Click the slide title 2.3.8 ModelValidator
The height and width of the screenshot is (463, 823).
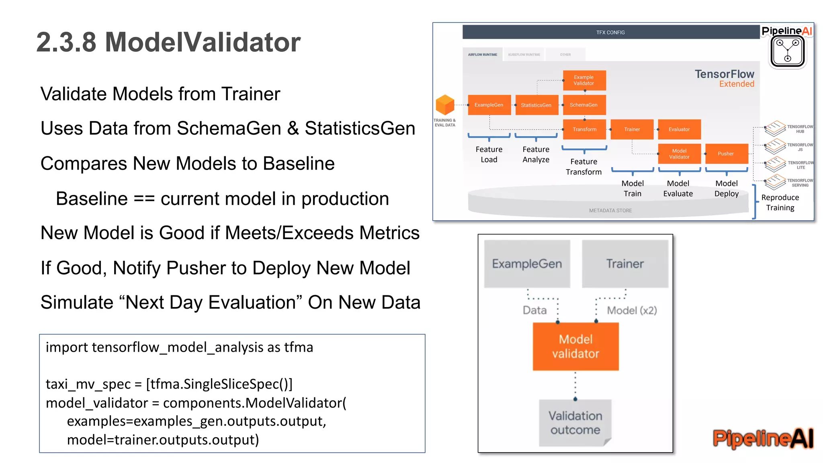[x=168, y=42]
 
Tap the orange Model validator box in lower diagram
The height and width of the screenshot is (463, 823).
[x=575, y=346]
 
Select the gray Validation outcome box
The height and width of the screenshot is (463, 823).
[x=575, y=423]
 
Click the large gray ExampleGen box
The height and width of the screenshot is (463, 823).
[x=527, y=264]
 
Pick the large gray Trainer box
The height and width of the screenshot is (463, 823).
[x=625, y=264]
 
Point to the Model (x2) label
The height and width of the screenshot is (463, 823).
[x=632, y=310]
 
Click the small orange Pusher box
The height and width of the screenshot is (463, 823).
[x=726, y=154]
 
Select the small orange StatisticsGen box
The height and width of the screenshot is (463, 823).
[x=536, y=105]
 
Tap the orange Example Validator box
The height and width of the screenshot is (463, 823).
[x=584, y=80]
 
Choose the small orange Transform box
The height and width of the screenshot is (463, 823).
[x=584, y=129]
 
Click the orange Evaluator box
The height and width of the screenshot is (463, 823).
[x=679, y=129]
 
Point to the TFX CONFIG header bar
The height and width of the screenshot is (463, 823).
[x=610, y=32]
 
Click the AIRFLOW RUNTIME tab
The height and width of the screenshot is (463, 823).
[x=483, y=55]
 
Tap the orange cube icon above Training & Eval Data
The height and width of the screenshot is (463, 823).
[x=445, y=105]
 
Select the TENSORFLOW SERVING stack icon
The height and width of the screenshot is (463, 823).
[x=775, y=182]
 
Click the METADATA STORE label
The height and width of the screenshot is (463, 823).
[x=610, y=211]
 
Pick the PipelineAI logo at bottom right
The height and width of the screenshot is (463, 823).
[x=763, y=438]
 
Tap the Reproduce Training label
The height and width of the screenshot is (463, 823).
[x=780, y=203]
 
